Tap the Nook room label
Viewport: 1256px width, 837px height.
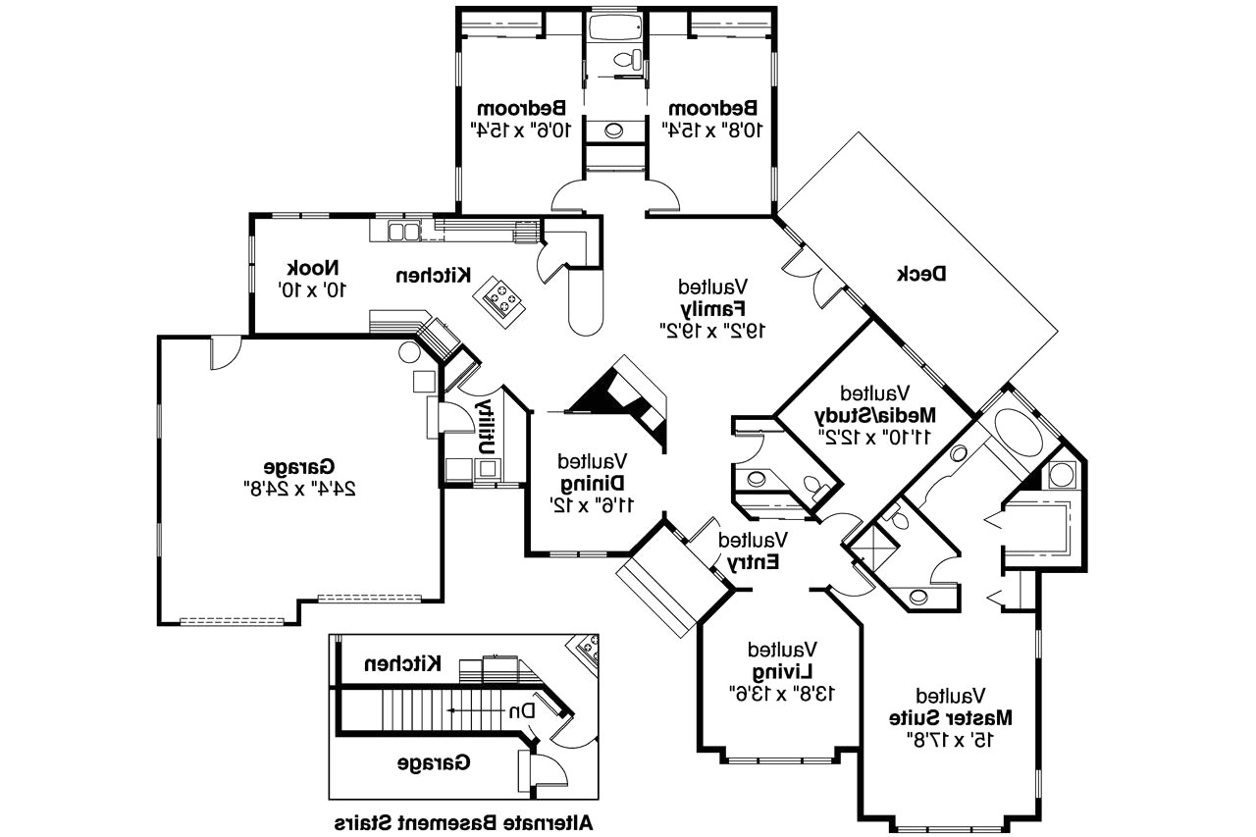click(x=313, y=268)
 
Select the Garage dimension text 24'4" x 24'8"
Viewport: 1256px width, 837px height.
click(x=297, y=486)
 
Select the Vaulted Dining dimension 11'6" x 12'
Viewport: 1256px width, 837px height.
click(x=593, y=504)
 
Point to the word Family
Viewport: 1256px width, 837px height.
click(x=713, y=308)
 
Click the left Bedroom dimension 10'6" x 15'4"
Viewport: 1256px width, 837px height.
click(x=520, y=128)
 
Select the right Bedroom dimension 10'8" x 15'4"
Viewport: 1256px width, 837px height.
click(x=711, y=128)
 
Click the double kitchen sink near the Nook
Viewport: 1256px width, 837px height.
click(x=402, y=233)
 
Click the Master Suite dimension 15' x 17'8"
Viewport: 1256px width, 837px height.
click(x=951, y=738)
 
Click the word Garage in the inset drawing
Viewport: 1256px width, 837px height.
click(x=434, y=761)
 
